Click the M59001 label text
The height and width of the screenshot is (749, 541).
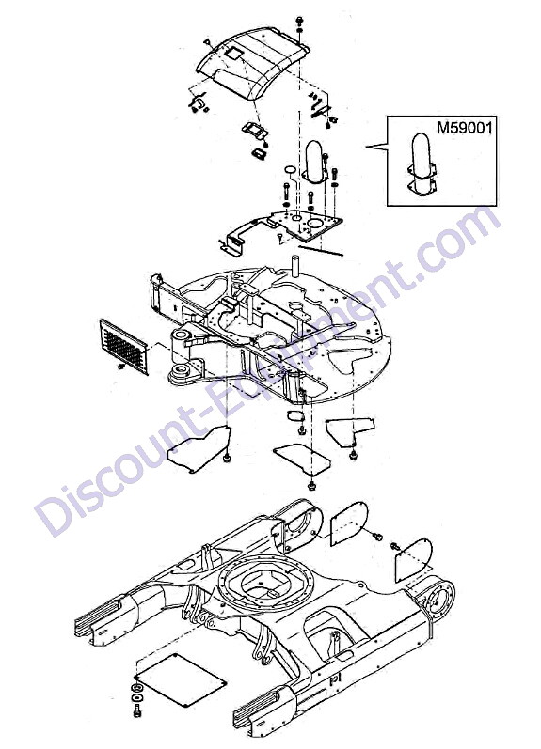pos(464,128)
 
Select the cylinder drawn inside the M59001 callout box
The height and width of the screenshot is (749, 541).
pos(422,164)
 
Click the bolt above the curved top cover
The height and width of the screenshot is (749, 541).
pos(299,21)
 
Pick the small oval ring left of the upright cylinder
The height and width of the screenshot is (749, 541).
pos(290,170)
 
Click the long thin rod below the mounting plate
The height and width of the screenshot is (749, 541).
pos(320,250)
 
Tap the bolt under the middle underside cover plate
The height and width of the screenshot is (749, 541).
pos(311,486)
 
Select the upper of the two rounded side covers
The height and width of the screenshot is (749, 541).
pos(349,523)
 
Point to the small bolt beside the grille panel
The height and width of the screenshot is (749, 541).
pos(120,367)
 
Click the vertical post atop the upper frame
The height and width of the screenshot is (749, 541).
pos(295,266)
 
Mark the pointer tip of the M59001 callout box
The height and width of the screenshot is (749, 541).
pos(366,147)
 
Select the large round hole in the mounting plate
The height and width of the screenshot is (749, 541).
pos(315,224)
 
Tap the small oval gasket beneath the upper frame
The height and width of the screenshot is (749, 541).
pos(296,415)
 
